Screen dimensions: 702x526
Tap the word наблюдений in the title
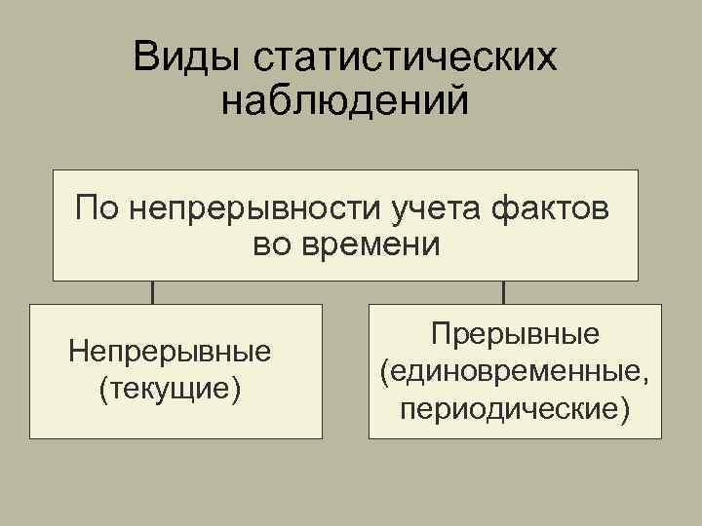tap(345, 100)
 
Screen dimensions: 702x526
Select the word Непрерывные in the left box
tap(170, 350)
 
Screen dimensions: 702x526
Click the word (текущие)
tap(170, 388)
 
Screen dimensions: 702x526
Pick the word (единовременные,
tap(515, 371)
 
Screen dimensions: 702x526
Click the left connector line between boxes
tap(152, 292)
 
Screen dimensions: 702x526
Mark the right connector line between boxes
tap(502, 292)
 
